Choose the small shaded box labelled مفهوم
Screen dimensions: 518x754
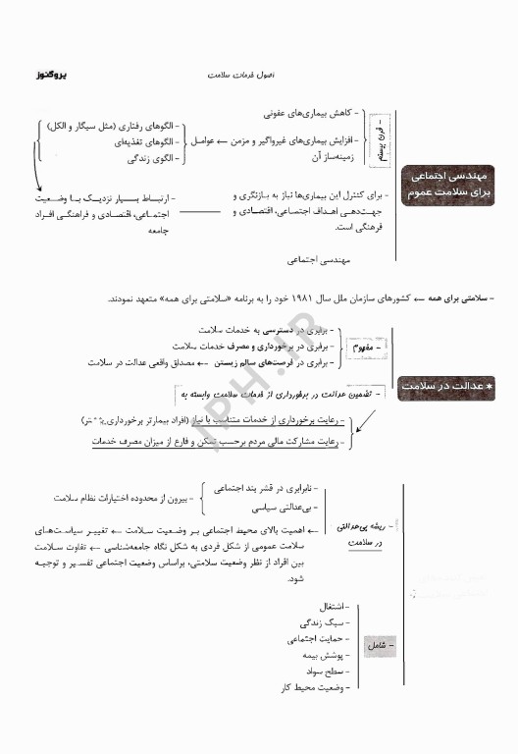tap(367, 347)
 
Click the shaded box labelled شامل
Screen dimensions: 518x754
tap(376, 647)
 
